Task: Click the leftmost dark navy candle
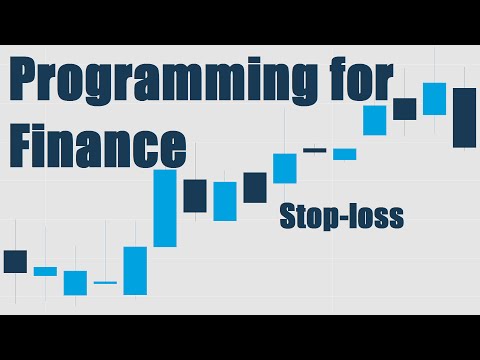click(x=15, y=261)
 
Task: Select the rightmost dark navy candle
click(x=464, y=117)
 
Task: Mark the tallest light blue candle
click(x=165, y=208)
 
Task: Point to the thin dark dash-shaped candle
click(x=315, y=150)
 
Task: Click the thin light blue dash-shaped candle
click(x=105, y=283)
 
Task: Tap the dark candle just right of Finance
click(x=195, y=195)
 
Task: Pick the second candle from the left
click(x=45, y=271)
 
